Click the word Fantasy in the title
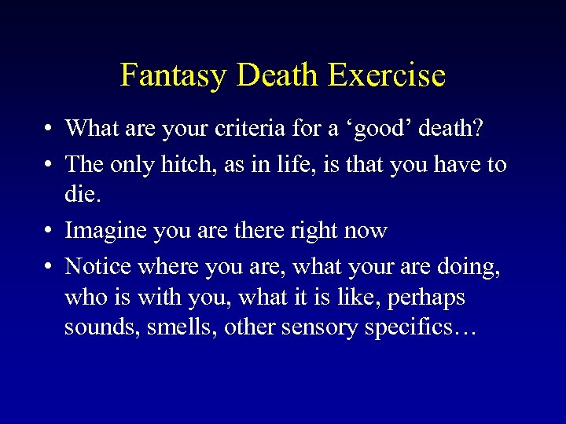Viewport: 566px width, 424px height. click(174, 75)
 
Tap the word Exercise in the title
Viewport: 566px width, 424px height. click(387, 75)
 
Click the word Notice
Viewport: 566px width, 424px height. click(98, 267)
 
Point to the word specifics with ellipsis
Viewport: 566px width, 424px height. click(420, 327)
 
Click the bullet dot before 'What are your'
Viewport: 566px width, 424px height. click(49, 128)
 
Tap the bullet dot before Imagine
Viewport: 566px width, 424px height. click(49, 232)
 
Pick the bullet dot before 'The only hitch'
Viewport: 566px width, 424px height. click(49, 165)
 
